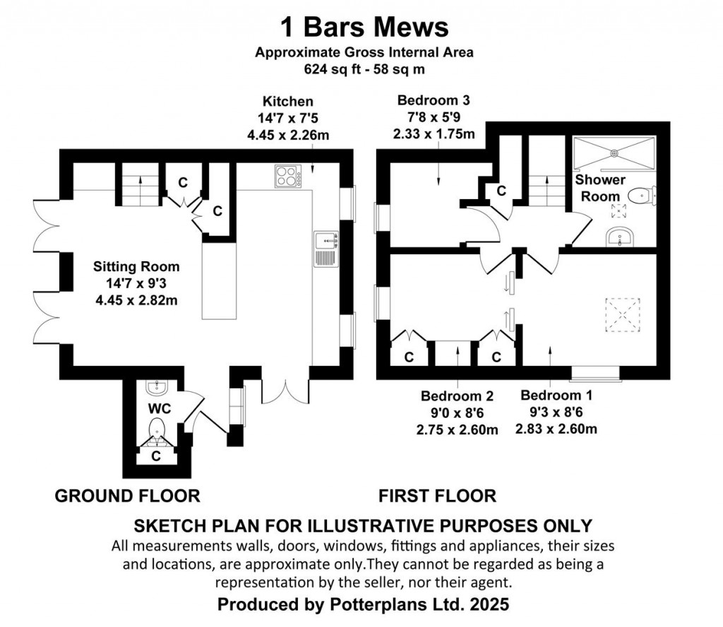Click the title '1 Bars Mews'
point(364,28)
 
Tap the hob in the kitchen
point(287,177)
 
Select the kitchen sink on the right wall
point(326,249)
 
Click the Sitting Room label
point(137,267)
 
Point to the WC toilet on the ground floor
point(156,429)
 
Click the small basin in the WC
point(155,387)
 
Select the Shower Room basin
point(621,239)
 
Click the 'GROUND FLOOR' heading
point(127,496)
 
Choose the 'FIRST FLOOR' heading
point(437,496)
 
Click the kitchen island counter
point(218,281)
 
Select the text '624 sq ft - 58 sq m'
point(364,69)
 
